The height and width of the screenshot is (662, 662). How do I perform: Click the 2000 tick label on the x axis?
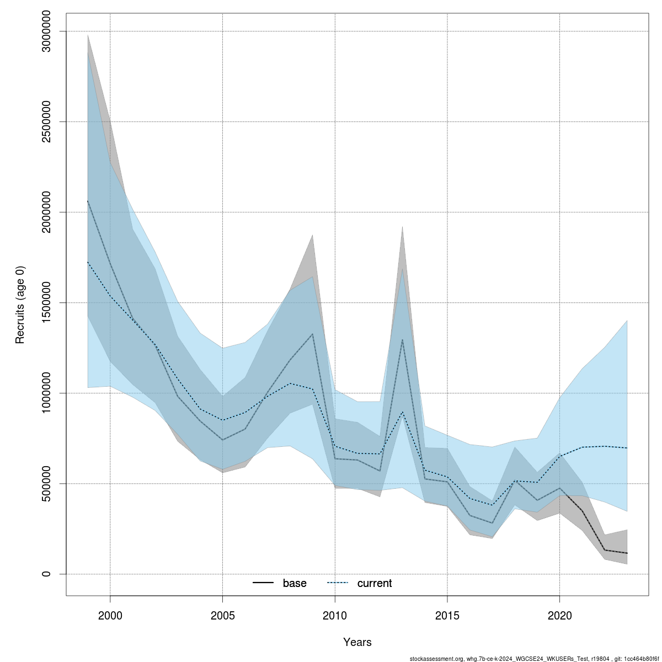click(x=110, y=615)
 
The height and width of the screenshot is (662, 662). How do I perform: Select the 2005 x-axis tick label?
click(x=222, y=615)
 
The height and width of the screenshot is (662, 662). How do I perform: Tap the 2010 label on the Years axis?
click(x=335, y=615)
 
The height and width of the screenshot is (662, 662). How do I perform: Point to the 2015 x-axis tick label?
click(x=447, y=615)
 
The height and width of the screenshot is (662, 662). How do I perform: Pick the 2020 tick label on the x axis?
click(x=560, y=615)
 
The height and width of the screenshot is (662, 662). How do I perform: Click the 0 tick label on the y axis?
click(x=46, y=574)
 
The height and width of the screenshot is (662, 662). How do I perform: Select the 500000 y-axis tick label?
click(x=46, y=483)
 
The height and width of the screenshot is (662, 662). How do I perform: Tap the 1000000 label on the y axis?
click(x=46, y=393)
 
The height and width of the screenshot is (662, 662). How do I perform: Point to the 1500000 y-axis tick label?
click(x=46, y=302)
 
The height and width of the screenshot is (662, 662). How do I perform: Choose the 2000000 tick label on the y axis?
click(x=46, y=212)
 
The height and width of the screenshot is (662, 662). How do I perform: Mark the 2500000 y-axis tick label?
click(x=46, y=121)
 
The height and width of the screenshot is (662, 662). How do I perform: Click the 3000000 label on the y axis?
click(x=46, y=31)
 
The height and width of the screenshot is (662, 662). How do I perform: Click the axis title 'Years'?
click(x=357, y=642)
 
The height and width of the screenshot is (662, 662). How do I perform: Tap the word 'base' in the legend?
click(x=295, y=583)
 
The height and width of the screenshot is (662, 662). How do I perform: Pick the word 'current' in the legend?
click(x=375, y=583)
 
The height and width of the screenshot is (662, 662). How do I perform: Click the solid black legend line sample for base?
click(x=264, y=583)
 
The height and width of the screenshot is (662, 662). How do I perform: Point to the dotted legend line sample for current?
click(x=338, y=583)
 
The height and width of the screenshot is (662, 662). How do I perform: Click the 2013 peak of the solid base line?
click(x=402, y=339)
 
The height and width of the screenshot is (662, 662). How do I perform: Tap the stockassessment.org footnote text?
click(x=535, y=659)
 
